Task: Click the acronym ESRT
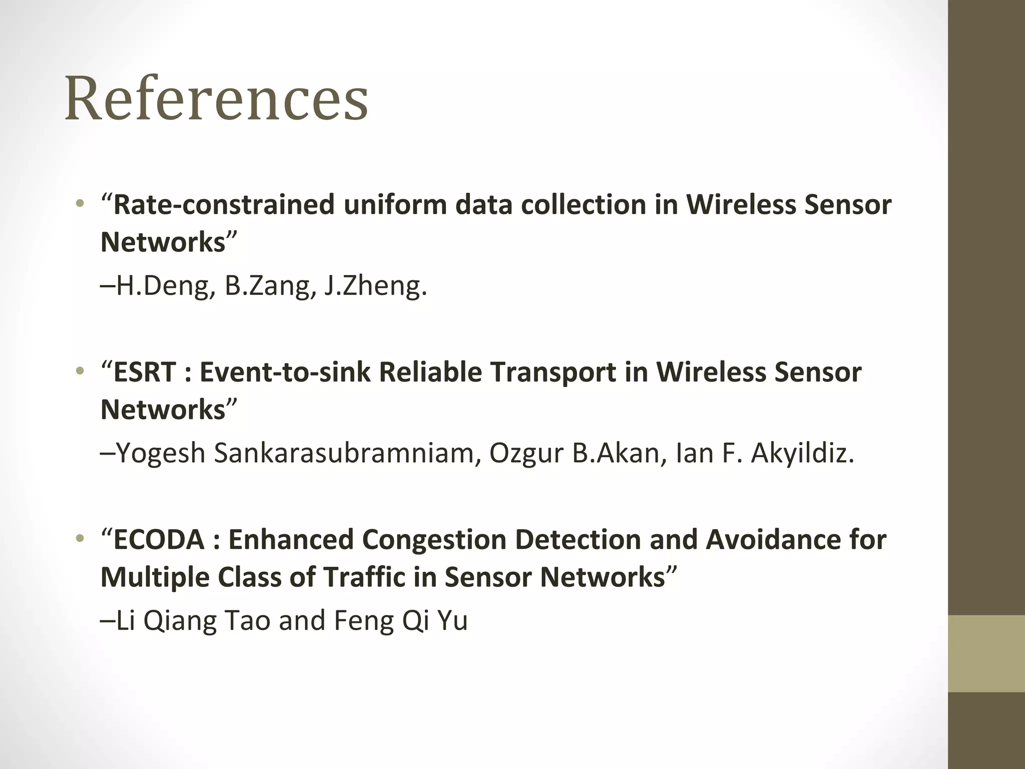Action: pyautogui.click(x=145, y=372)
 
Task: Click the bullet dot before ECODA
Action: pyautogui.click(x=79, y=539)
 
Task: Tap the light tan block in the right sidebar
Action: pyautogui.click(x=986, y=653)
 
